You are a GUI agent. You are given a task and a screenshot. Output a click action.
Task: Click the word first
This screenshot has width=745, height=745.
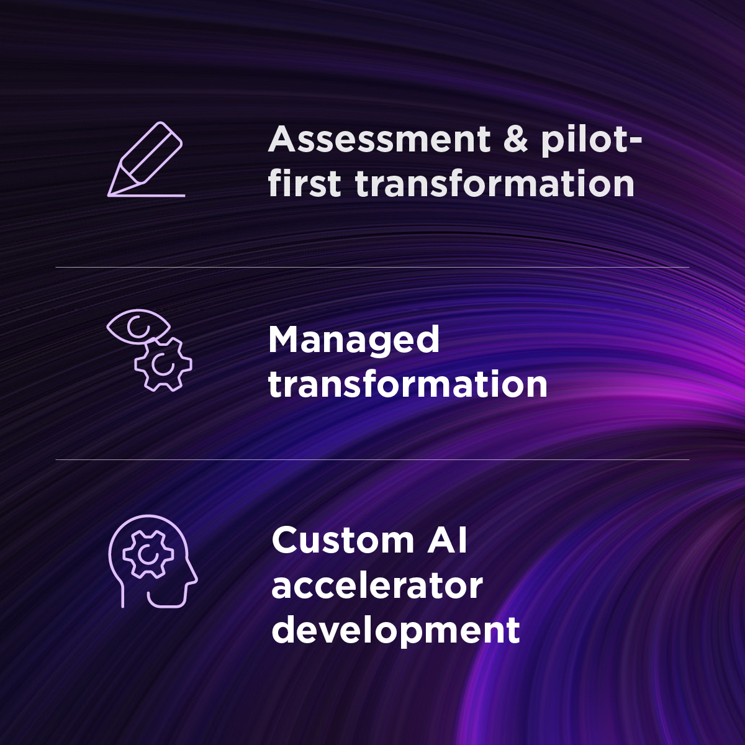(304, 184)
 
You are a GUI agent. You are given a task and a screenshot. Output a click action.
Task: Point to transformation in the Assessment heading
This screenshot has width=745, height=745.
(495, 184)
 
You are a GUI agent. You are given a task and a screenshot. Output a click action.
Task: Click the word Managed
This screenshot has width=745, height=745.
(354, 340)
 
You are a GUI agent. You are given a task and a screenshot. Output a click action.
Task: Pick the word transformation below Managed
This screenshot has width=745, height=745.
(408, 384)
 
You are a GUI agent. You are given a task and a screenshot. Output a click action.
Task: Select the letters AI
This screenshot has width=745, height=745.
(447, 540)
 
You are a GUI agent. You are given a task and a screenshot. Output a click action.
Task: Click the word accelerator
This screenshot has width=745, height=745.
(377, 585)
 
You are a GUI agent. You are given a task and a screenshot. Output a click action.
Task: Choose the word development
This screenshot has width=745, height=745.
(395, 630)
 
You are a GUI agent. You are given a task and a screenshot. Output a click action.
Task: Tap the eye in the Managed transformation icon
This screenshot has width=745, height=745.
(137, 325)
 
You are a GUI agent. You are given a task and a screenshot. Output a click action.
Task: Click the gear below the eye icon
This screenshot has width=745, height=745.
(163, 364)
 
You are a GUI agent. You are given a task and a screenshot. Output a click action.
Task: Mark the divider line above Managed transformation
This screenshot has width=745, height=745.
(372, 268)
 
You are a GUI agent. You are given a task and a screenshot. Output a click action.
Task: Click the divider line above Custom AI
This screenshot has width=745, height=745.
(372, 460)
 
